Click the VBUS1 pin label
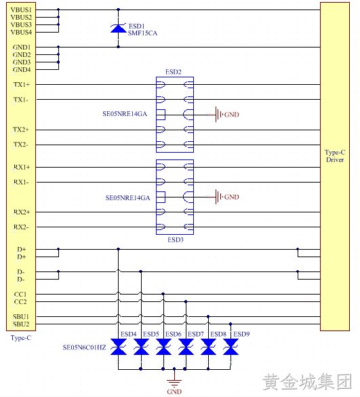(x=21, y=10)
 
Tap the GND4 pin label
(x=22, y=70)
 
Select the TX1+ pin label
(x=22, y=85)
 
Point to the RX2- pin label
(x=21, y=227)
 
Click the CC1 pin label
(x=20, y=295)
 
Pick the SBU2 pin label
(x=21, y=324)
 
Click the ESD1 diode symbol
(x=118, y=28)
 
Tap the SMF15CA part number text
(x=142, y=33)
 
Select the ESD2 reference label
(x=174, y=72)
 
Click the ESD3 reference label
(x=176, y=240)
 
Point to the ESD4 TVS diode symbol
(x=119, y=347)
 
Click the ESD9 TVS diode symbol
(x=231, y=347)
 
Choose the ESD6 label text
(x=174, y=334)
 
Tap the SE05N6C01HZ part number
(x=85, y=347)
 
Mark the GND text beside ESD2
(x=232, y=115)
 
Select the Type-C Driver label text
(x=335, y=156)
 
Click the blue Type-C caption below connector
(x=21, y=338)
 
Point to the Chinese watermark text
(x=307, y=381)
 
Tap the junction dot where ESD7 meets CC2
(x=186, y=302)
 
